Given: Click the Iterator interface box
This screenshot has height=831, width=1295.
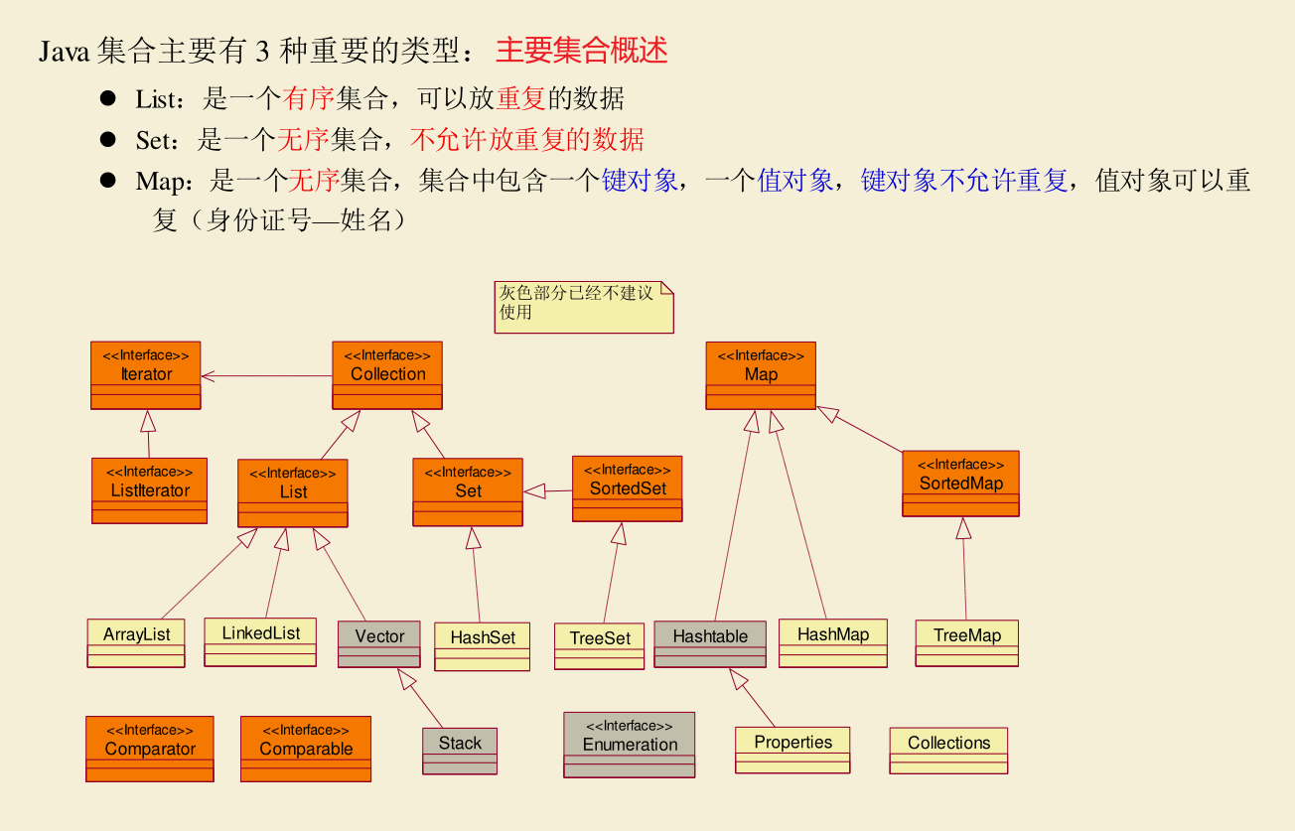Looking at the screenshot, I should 145,375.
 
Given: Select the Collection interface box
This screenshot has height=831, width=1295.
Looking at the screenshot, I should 387,375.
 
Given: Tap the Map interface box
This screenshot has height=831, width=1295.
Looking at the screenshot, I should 761,375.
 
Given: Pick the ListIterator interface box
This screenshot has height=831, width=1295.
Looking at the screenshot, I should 149,490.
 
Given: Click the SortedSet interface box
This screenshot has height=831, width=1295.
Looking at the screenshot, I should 628,488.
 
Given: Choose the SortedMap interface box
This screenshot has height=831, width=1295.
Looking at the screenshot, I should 960,484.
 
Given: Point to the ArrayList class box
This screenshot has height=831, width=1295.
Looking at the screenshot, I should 137,643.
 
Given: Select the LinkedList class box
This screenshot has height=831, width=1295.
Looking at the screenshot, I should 260,641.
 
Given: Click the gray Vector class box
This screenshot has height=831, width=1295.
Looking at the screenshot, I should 379,644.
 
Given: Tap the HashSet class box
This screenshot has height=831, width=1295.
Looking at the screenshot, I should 483,646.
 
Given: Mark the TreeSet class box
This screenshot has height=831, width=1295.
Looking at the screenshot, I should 600,646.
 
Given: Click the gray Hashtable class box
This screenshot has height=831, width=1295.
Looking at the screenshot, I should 710,644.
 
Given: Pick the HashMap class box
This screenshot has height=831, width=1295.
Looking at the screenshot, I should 832,642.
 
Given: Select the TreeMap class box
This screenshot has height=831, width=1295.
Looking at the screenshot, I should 966,643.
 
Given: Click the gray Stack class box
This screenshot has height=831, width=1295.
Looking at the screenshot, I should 460,751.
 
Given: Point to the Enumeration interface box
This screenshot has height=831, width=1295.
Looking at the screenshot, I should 630,745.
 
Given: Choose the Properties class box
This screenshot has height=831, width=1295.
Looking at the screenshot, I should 792,750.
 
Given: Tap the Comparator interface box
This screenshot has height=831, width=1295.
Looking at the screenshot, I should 150,749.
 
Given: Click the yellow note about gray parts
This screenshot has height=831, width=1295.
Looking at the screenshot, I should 584,307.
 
